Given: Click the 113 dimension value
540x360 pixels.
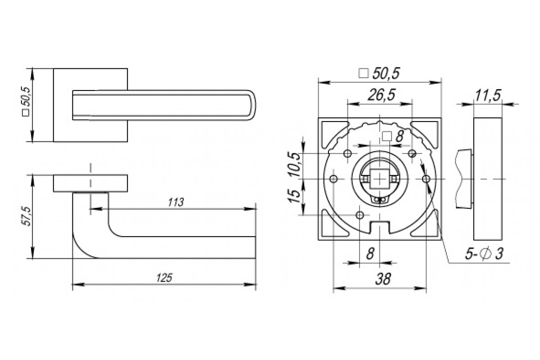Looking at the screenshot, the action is pyautogui.click(x=176, y=202).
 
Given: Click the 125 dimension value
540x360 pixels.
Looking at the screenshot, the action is pyautogui.click(x=164, y=278).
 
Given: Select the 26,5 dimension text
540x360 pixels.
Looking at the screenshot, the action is pyautogui.click(x=382, y=95).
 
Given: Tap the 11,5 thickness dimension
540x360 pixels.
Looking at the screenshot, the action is pyautogui.click(x=488, y=95).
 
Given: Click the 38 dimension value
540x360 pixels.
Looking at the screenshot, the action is pyautogui.click(x=383, y=279).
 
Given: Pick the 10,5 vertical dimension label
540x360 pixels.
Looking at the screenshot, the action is pyautogui.click(x=295, y=165).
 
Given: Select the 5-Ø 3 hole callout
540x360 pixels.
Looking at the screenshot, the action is pyautogui.click(x=484, y=254).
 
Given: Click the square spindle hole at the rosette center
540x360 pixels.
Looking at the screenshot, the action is pyautogui.click(x=379, y=179).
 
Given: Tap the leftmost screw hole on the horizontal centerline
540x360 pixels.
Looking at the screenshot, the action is pyautogui.click(x=333, y=179).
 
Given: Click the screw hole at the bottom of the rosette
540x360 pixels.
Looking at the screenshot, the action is pyautogui.click(x=360, y=215).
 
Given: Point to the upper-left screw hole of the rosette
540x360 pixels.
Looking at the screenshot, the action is pyautogui.click(x=347, y=153).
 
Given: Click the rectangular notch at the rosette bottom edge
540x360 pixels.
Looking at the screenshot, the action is pyautogui.click(x=380, y=227).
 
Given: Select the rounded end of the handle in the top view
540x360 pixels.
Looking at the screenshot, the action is pyautogui.click(x=252, y=105).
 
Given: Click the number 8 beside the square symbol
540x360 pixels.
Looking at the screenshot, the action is pyautogui.click(x=400, y=136).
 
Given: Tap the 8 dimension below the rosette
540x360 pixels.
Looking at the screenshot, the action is pyautogui.click(x=370, y=254).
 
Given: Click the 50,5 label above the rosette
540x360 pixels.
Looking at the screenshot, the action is pyautogui.click(x=386, y=73).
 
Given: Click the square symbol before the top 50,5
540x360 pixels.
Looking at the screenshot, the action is pyautogui.click(x=364, y=73).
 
